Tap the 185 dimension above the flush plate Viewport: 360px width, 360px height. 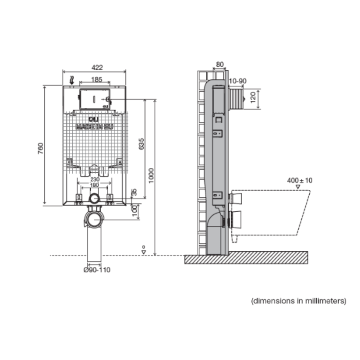coord(96,79)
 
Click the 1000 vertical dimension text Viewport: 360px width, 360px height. coord(151,176)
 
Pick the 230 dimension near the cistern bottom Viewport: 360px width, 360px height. coord(94,180)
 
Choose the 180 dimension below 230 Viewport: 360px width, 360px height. coord(94,186)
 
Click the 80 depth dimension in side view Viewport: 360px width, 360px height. coord(219,64)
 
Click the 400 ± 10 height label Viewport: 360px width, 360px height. coord(299,180)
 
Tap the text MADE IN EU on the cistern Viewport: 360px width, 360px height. coord(94,126)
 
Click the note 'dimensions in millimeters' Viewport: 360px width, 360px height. coord(299,301)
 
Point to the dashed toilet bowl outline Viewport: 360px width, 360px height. coord(275,212)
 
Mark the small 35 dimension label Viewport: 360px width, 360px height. coord(134,193)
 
